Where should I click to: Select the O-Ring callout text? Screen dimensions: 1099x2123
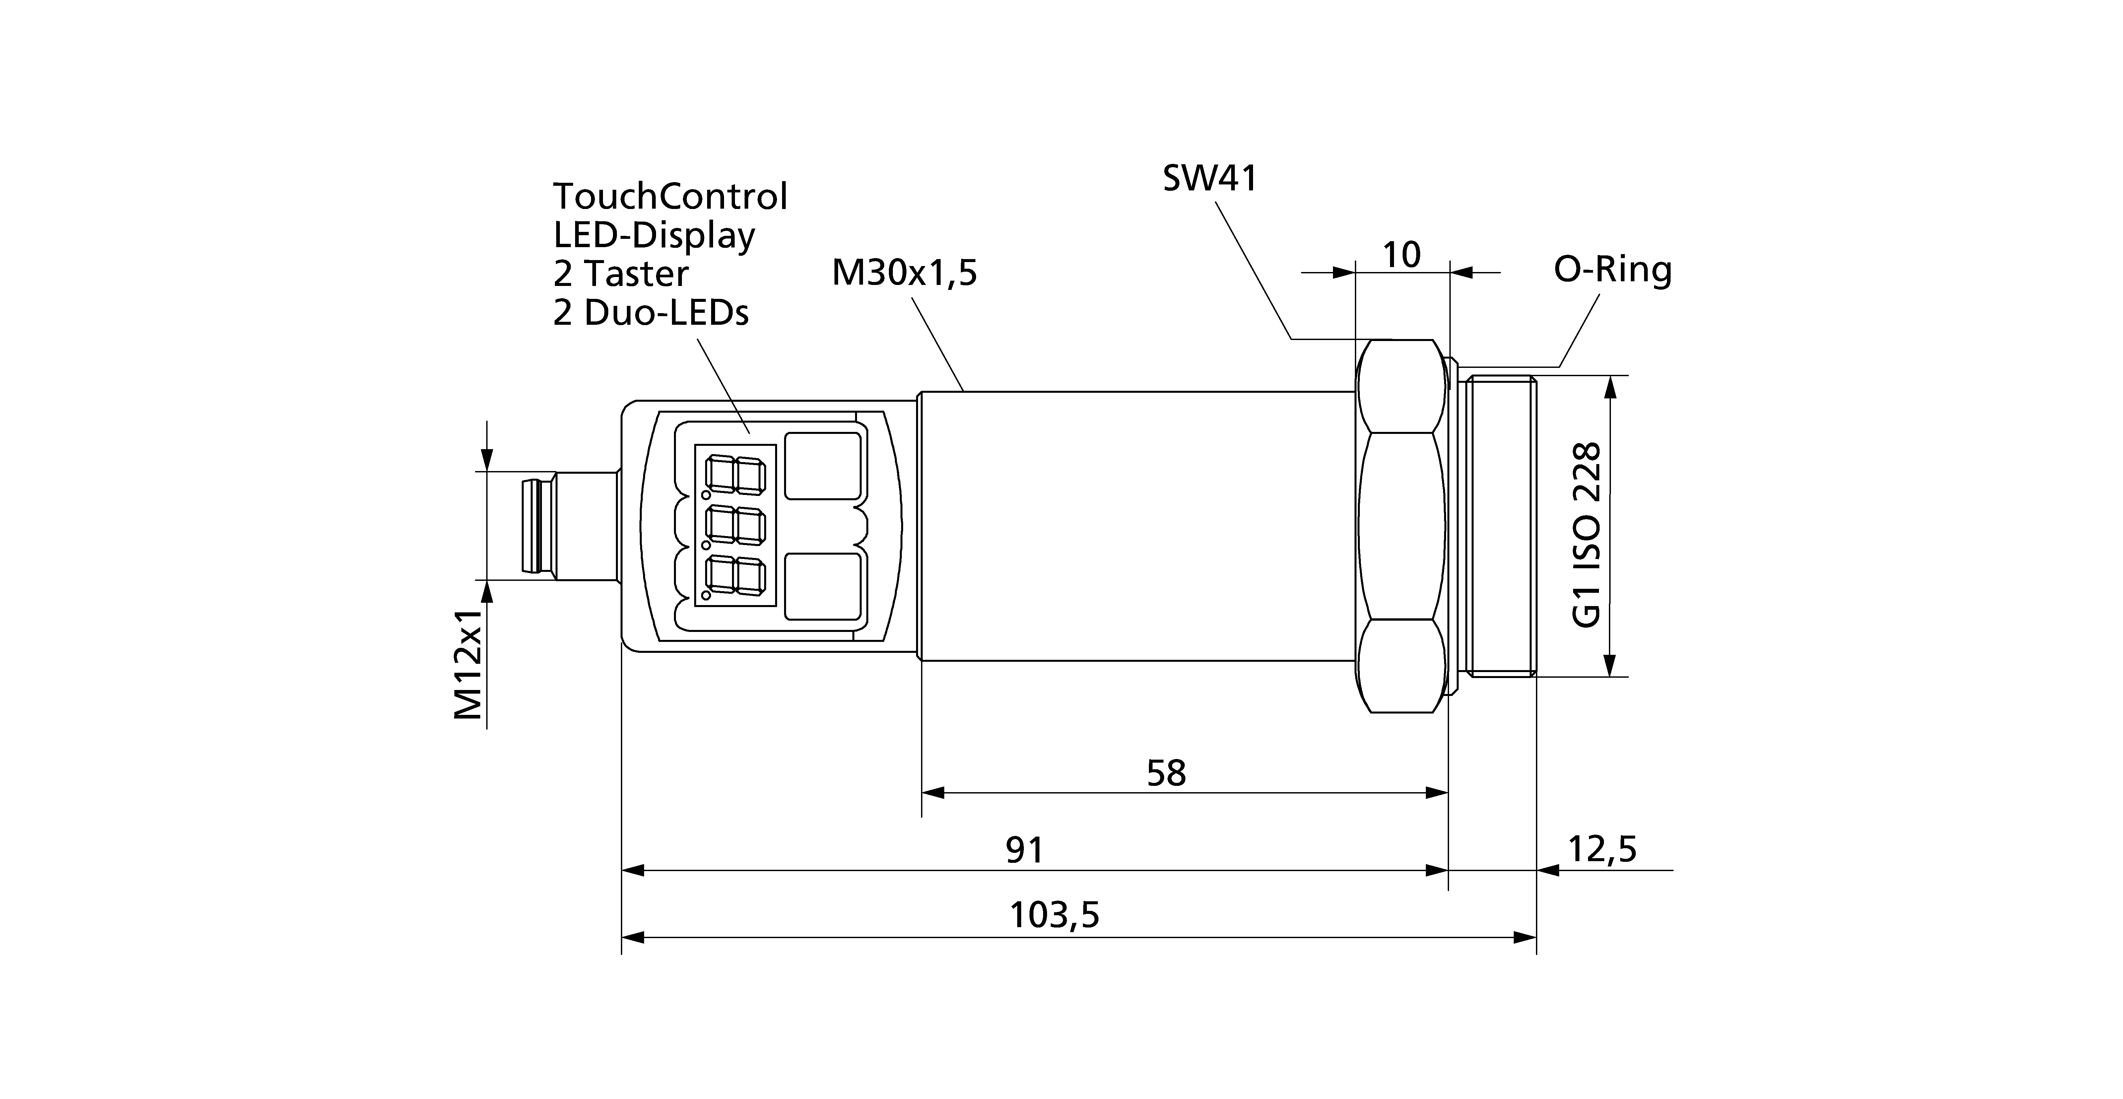click(1612, 270)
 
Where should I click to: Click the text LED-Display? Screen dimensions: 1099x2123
click(653, 236)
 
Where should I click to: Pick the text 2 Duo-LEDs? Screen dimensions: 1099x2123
click(650, 313)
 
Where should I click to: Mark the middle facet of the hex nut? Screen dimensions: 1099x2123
click(1401, 526)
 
